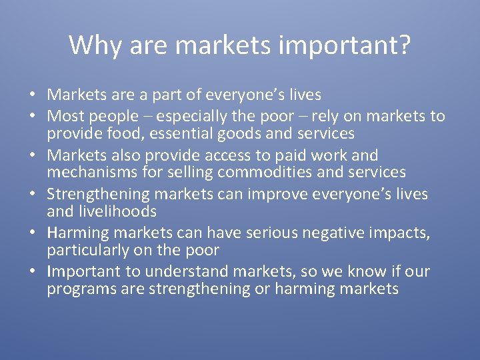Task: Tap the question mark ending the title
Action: pos(404,45)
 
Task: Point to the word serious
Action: pos(273,233)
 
